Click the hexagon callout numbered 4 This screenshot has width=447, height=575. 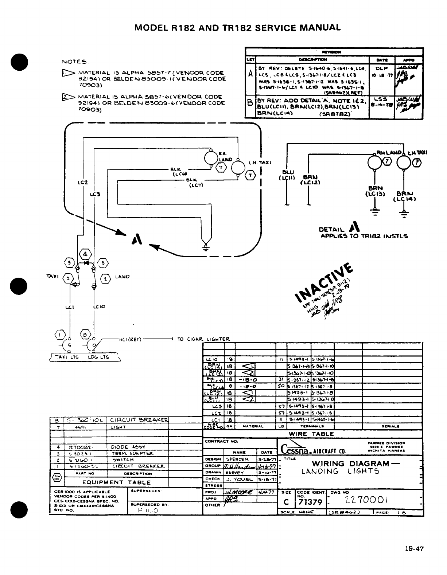84,254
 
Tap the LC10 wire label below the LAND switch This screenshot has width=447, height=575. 99,306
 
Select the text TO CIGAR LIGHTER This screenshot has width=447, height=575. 203,339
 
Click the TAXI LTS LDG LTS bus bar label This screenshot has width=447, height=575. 84,357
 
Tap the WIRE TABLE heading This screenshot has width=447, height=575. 311,434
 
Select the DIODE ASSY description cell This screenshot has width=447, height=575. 124,447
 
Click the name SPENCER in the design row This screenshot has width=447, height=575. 237,459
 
